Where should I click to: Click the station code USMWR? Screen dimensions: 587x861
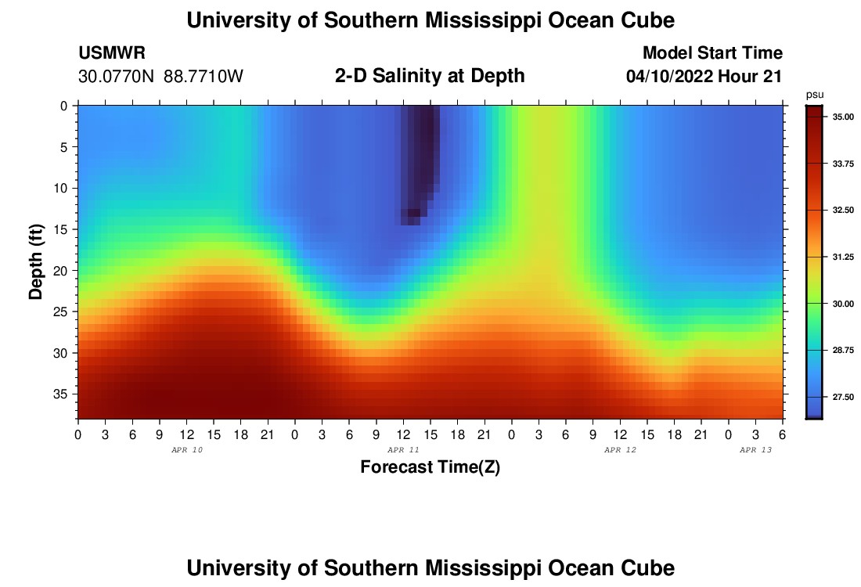click(112, 53)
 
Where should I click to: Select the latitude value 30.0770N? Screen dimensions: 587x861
click(117, 77)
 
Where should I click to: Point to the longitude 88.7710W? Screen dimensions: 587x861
click(204, 77)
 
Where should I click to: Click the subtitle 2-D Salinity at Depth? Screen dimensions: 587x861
click(430, 76)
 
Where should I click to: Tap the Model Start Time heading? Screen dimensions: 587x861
click(712, 53)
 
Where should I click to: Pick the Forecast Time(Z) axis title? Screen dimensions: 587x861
click(430, 467)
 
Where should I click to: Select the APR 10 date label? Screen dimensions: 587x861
click(186, 450)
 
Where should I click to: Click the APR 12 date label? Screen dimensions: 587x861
click(620, 450)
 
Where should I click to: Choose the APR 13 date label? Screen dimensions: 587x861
click(756, 450)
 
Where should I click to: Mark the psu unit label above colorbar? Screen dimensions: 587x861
click(815, 94)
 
